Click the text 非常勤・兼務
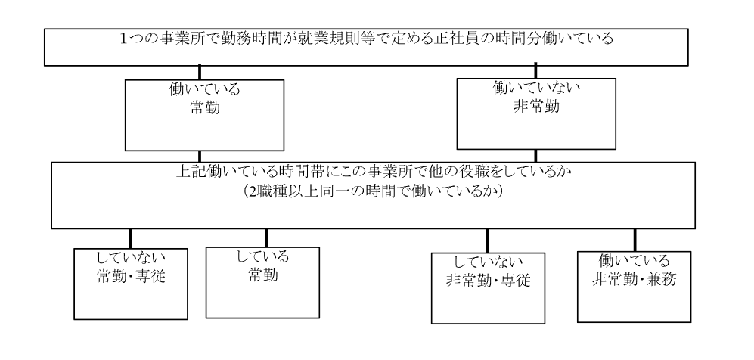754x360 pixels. click(633, 277)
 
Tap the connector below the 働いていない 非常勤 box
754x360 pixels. click(537, 154)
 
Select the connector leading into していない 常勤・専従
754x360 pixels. click(129, 237)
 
